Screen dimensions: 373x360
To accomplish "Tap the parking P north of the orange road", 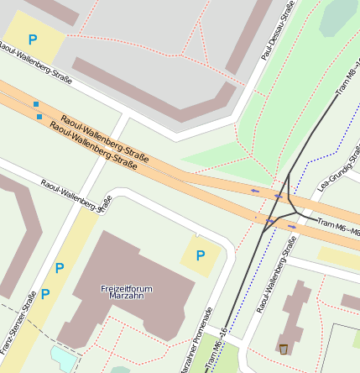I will pos(33,39).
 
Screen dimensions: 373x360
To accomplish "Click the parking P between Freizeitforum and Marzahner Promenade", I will pos(200,255).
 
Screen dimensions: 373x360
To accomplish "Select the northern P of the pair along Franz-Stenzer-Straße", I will pos(60,268).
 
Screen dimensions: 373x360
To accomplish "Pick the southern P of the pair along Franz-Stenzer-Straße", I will pos(45,294).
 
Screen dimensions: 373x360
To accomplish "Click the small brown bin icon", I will pos(284,349).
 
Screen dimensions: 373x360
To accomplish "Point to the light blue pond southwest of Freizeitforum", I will pos(63,356).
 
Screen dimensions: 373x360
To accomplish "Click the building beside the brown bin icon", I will pos(295,315).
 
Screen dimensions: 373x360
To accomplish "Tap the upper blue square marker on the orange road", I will pos(36,104).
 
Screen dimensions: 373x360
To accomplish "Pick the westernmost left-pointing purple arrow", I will pos(254,192).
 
